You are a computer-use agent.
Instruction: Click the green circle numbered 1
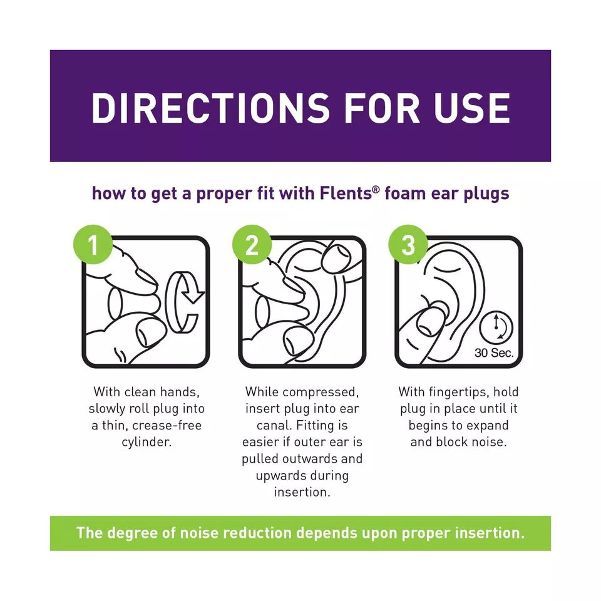[93, 245]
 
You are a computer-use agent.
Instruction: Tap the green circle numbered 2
[252, 245]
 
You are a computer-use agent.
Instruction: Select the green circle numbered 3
[408, 245]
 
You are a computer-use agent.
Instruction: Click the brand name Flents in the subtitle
[346, 193]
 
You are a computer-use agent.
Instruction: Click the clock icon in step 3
[496, 327]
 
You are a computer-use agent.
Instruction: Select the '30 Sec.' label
[494, 352]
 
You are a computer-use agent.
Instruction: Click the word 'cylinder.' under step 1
[146, 442]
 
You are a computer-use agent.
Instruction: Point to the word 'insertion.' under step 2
[302, 492]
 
